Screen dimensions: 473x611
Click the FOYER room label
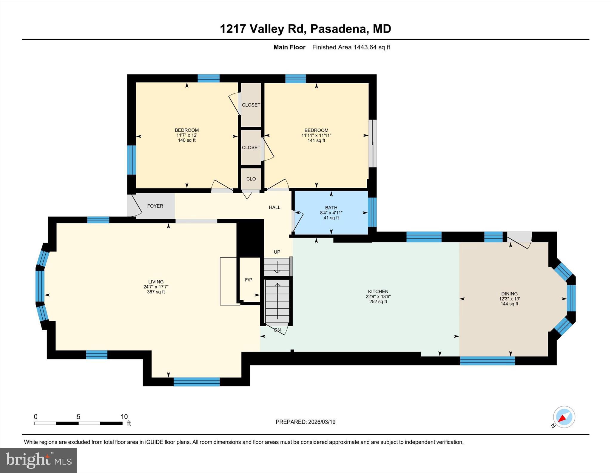pos(155,206)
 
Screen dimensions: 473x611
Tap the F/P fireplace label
pos(249,280)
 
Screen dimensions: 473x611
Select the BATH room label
pos(331,207)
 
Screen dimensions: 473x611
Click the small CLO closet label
pos(251,179)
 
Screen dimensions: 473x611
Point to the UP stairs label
pos(277,252)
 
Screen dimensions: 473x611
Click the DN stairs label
pos(277,330)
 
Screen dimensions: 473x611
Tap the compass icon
pos(564,417)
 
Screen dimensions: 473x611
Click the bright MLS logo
pos(38,460)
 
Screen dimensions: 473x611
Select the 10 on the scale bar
pos(124,417)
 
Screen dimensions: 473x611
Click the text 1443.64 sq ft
pos(372,47)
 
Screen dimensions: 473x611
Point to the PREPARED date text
pos(305,422)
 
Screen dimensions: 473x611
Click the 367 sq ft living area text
pos(156,292)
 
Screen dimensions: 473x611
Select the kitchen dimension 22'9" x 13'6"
pos(378,296)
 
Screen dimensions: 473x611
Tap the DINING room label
pos(509,293)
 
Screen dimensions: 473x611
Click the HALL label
pos(274,207)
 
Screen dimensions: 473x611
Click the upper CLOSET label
pos(251,105)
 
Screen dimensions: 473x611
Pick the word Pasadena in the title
pos(338,29)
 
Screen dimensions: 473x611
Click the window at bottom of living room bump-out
pos(197,382)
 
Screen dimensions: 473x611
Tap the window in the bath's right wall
pos(372,212)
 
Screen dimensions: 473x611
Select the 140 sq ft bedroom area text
pos(187,140)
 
